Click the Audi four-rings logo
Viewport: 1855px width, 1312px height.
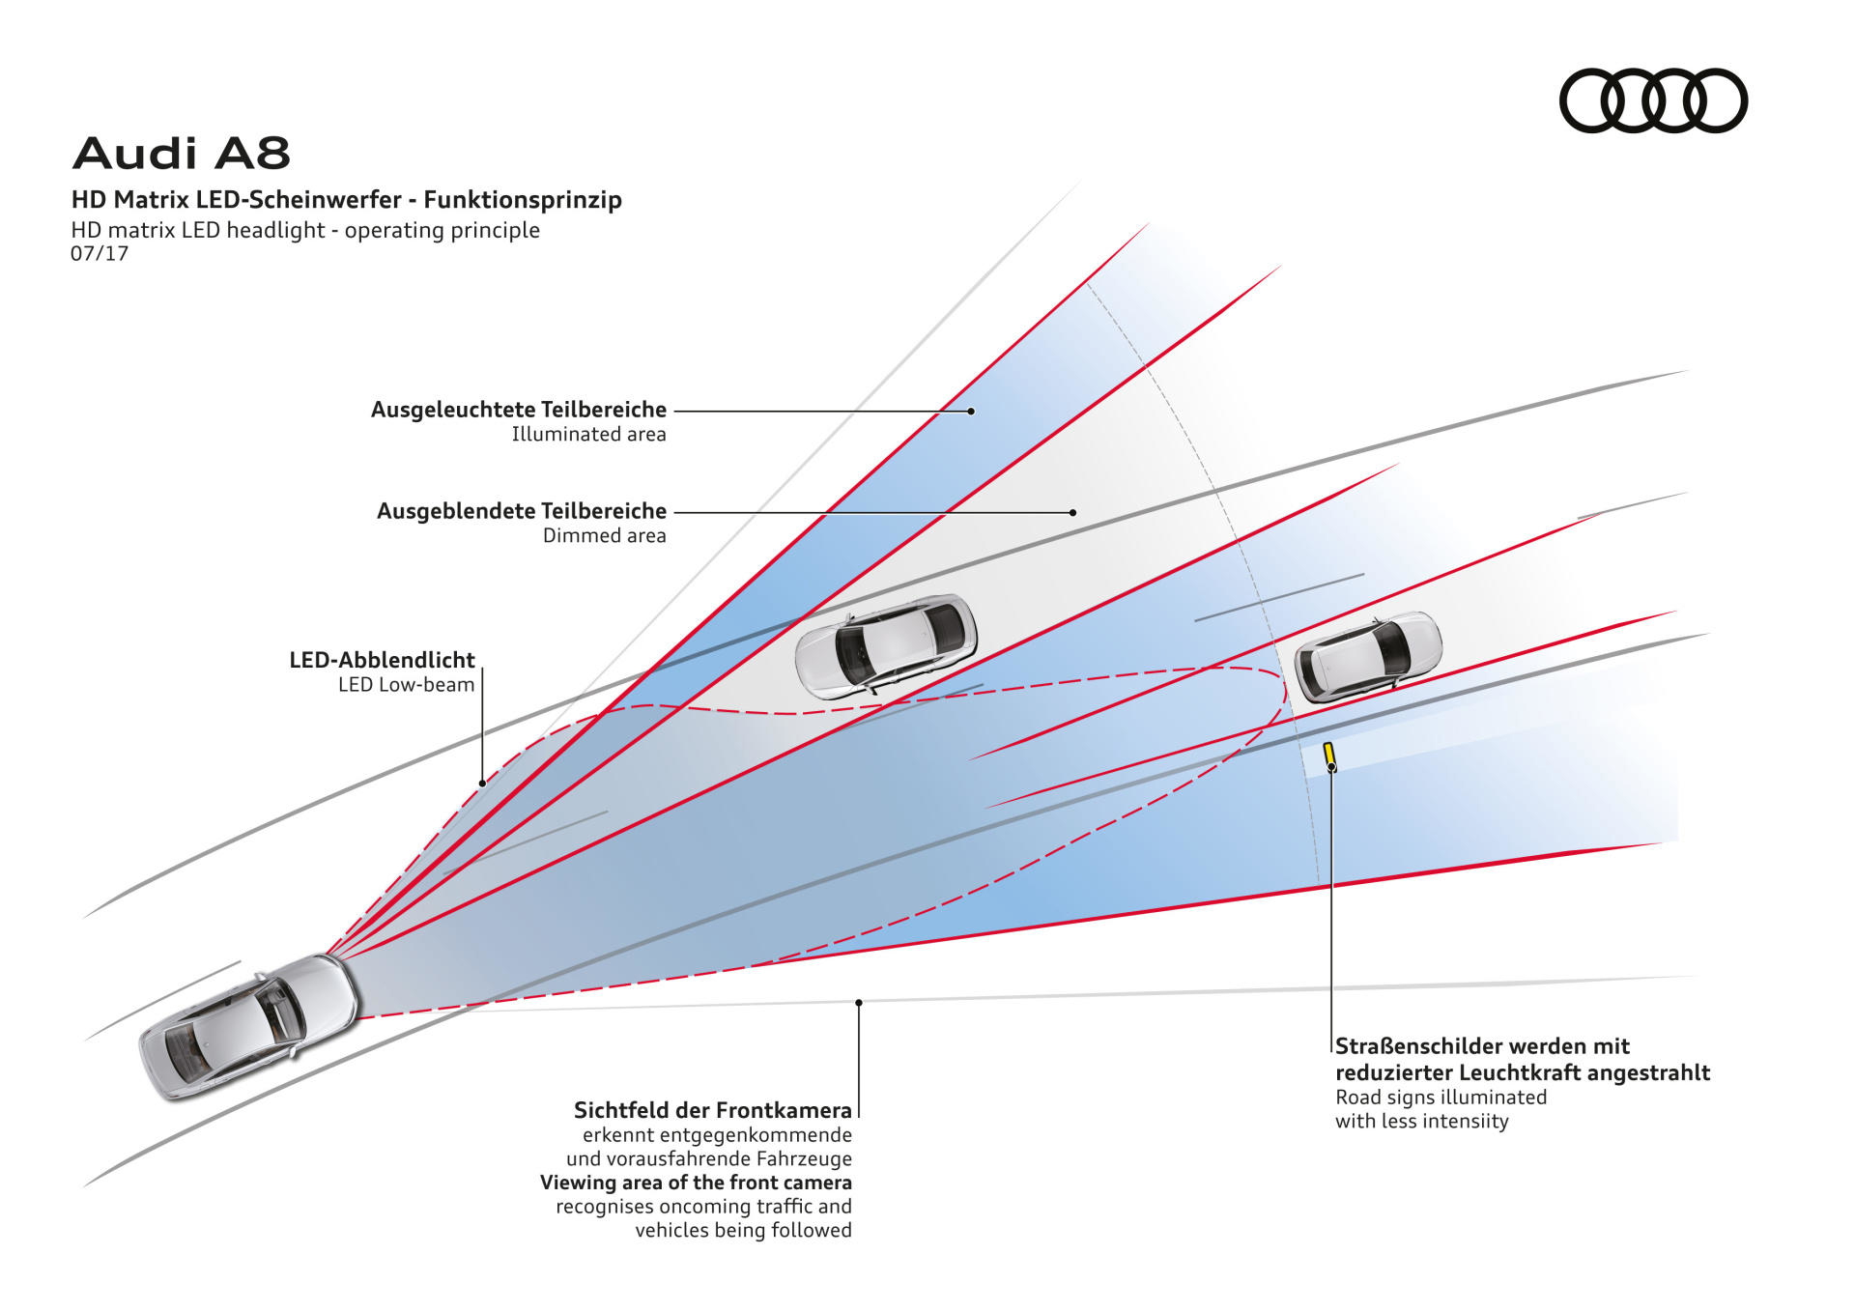(1653, 100)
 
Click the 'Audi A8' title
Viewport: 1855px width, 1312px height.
(182, 153)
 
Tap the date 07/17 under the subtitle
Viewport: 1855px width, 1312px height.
(100, 254)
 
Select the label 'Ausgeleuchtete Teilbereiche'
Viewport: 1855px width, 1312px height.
(519, 410)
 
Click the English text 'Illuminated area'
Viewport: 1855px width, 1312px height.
(589, 435)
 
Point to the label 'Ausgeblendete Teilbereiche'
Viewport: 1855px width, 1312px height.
(522, 511)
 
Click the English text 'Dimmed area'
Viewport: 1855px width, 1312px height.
(605, 536)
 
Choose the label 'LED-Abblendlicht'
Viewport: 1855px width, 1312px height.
(383, 660)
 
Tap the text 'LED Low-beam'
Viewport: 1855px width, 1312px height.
(407, 685)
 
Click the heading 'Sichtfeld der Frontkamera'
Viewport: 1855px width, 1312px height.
(713, 1110)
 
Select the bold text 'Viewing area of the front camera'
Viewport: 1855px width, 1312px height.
(696, 1183)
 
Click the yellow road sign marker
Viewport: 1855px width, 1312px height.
(1329, 755)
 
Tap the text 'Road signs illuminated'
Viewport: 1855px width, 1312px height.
(1441, 1098)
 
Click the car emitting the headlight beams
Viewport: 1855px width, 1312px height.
(249, 1026)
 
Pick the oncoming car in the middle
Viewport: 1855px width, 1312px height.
(886, 645)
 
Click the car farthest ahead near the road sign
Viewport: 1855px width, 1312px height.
(1368, 657)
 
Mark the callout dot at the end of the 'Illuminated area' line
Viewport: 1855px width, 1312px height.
(971, 412)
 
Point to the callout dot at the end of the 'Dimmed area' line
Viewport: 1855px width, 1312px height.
(1072, 513)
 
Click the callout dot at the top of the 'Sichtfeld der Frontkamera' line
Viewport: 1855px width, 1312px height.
(859, 1003)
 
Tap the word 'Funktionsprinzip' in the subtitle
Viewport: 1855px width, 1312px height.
(523, 200)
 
